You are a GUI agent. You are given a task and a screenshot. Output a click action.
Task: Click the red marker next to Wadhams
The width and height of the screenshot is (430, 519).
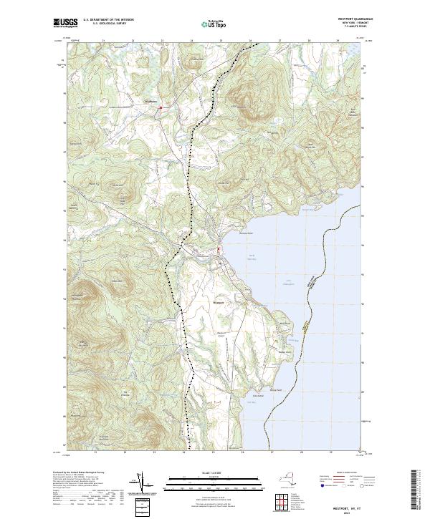[x=161, y=108]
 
